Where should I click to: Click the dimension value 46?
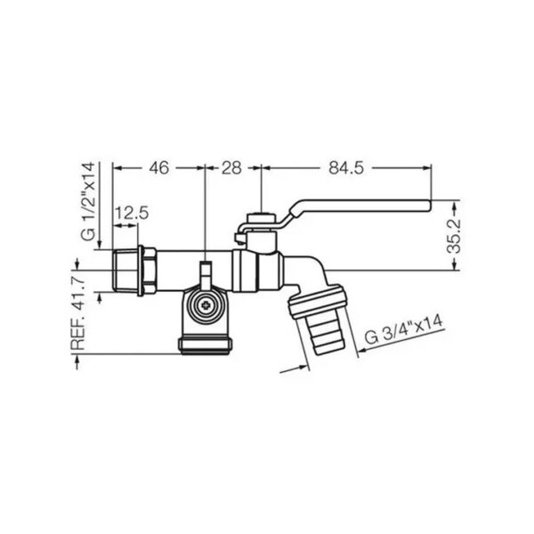[158, 168]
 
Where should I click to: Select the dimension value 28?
[231, 168]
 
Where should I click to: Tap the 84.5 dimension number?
[346, 168]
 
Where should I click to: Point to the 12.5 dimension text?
[132, 214]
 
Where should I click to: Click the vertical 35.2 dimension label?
[453, 237]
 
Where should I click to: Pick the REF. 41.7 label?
[78, 313]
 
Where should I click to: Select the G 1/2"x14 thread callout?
[88, 202]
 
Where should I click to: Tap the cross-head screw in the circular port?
[206, 305]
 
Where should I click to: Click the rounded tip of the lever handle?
[428, 206]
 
